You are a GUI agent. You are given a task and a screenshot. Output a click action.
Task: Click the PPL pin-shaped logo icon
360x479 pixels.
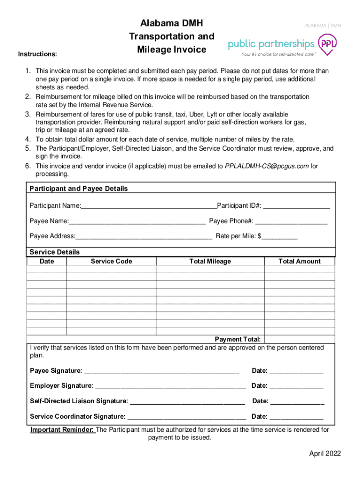pos(326,44)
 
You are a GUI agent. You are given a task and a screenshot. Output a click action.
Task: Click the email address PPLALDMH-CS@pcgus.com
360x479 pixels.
pos(267,166)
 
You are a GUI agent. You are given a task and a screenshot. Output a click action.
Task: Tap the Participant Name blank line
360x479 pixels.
pos(149,206)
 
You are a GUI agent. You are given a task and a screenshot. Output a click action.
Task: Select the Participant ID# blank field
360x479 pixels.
pos(297,206)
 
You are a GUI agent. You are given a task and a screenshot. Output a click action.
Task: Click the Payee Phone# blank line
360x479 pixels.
pos(291,221)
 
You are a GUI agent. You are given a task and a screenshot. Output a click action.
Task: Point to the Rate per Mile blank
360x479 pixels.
pos(280,236)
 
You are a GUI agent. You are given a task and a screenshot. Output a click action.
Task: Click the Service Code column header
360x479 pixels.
pos(111,261)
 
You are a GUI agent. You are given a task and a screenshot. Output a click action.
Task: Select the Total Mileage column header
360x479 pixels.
pos(210,261)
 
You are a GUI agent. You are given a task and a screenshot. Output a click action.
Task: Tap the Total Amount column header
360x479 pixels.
pos(299,261)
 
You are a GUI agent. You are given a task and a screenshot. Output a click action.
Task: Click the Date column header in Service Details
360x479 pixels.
pos(47,261)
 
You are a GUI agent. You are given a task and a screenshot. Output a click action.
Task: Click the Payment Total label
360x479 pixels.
pos(238,339)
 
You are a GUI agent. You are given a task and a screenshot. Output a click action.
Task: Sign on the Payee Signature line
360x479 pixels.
pos(161,371)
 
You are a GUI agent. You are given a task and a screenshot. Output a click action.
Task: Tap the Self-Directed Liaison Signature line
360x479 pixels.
pos(187,401)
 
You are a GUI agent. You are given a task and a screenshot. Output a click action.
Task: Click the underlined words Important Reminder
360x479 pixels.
pos(63,429)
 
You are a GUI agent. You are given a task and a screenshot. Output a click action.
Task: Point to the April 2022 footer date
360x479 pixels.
pos(324,454)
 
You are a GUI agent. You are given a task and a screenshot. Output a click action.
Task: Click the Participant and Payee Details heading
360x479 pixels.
pos(79,189)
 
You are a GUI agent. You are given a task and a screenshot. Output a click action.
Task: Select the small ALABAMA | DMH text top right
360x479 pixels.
pos(323,25)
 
